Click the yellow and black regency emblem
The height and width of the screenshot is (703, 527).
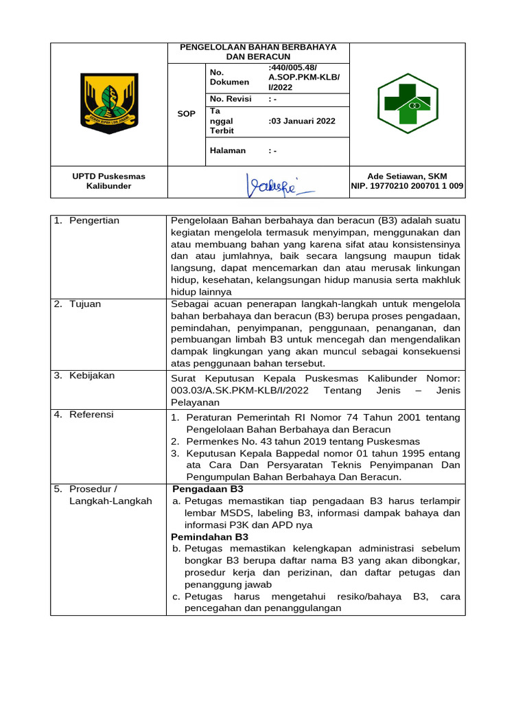pyautogui.click(x=110, y=104)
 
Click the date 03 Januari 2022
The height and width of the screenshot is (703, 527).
pyautogui.click(x=303, y=121)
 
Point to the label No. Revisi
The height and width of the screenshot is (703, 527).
pyautogui.click(x=231, y=99)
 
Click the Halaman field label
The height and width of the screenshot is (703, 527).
pyautogui.click(x=227, y=150)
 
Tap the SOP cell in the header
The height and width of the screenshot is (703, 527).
pyautogui.click(x=186, y=114)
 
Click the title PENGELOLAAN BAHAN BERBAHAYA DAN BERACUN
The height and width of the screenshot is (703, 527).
pyautogui.click(x=258, y=51)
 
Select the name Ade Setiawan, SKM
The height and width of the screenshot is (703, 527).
pyautogui.click(x=408, y=176)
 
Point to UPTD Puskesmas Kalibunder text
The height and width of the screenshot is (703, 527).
pyautogui.click(x=109, y=181)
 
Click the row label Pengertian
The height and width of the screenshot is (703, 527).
pyautogui.click(x=94, y=220)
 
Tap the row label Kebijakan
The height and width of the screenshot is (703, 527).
pyautogui.click(x=92, y=376)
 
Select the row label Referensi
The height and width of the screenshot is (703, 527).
pyautogui.click(x=91, y=415)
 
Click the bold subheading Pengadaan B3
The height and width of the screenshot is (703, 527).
pyautogui.click(x=208, y=489)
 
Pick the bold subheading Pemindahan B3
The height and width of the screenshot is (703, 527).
pyautogui.click(x=210, y=537)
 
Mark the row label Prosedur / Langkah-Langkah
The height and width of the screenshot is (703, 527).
pyautogui.click(x=103, y=495)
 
